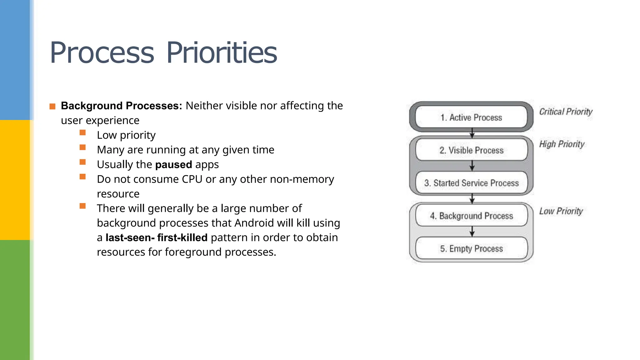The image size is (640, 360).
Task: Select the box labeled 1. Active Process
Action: [x=471, y=117]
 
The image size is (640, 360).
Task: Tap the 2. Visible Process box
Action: [x=471, y=150]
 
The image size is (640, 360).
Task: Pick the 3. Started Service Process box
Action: [x=471, y=183]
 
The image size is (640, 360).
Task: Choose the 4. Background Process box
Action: [x=471, y=216]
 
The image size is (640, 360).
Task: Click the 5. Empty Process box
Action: [x=471, y=249]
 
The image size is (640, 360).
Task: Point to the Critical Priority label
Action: [x=566, y=112]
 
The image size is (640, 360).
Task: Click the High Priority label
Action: [x=562, y=144]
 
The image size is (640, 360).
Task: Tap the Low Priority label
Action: [x=561, y=211]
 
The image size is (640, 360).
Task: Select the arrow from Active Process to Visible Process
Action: [x=472, y=133]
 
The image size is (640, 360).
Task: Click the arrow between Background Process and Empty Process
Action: [x=472, y=232]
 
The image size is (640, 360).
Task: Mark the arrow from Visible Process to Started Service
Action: [x=472, y=166]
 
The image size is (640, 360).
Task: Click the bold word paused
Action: [x=173, y=165]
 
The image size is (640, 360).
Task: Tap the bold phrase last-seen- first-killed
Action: [x=157, y=238]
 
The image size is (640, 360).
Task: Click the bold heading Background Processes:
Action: [x=121, y=106]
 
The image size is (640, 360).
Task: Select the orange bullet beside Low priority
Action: [x=82, y=133]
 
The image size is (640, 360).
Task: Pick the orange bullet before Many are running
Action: [x=82, y=147]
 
